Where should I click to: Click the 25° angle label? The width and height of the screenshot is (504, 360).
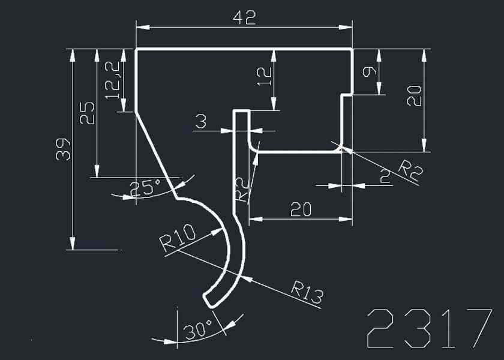[x=145, y=188]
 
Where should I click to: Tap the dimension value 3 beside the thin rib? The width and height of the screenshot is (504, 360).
[x=200, y=122]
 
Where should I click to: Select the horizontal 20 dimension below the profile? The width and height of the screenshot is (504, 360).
[x=301, y=209]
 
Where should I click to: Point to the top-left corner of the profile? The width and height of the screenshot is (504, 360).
[x=137, y=50]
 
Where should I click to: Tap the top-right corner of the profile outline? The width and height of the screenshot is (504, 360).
[x=352, y=50]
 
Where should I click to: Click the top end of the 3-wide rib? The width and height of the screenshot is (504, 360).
[x=241, y=111]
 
